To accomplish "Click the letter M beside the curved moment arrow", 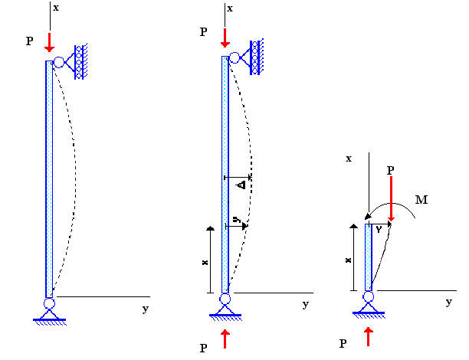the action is tap(421, 200).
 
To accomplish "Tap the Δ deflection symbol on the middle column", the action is tap(241, 185).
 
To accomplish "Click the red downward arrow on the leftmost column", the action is tap(49, 42).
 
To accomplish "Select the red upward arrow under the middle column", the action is tap(225, 337).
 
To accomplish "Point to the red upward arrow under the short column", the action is tap(369, 335).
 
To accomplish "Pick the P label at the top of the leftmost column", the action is tap(30, 41).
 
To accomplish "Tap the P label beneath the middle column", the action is tap(203, 348).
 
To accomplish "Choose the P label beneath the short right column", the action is tap(343, 343).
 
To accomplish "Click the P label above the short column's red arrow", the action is tap(391, 169).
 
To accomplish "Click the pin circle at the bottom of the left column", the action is tap(49, 303).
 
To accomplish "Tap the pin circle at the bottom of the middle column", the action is tap(225, 299).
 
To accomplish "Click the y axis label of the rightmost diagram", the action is tap(448, 302).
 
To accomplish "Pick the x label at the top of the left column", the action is tap(55, 8).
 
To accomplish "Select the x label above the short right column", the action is tap(348, 158).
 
